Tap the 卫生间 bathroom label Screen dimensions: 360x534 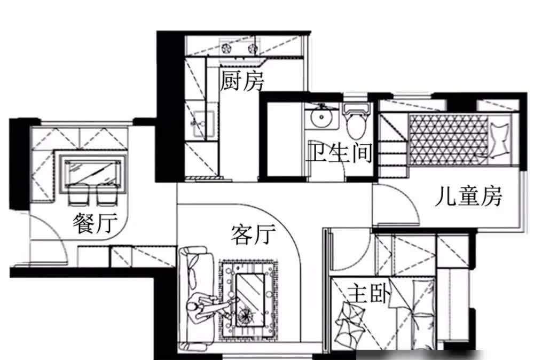(339, 154)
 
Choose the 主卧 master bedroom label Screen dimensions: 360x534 (369, 293)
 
